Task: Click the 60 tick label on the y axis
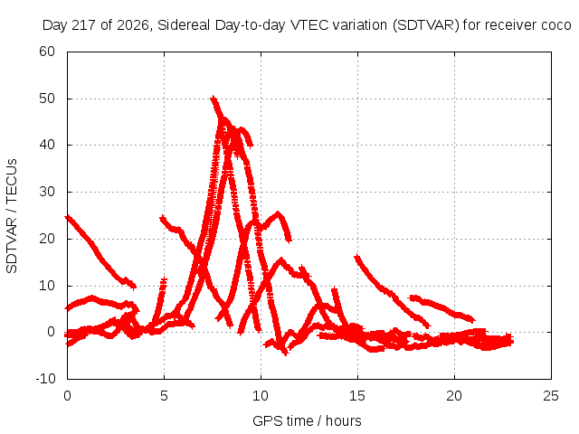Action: [x=47, y=52]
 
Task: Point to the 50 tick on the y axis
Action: [x=47, y=99]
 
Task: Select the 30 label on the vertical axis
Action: [x=47, y=192]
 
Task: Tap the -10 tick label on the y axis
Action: [x=45, y=378]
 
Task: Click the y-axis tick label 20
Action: [x=47, y=239]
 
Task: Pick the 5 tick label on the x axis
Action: [x=164, y=396]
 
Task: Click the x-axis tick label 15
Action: [x=357, y=396]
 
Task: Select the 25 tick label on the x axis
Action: [x=551, y=396]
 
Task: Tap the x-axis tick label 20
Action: [x=454, y=396]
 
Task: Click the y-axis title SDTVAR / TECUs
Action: [x=12, y=216]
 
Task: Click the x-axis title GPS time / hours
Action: [x=307, y=420]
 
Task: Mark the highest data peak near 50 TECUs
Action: [x=213, y=99]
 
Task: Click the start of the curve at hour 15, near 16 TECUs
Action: [x=356, y=256]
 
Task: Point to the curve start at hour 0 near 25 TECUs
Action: [x=67, y=217]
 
